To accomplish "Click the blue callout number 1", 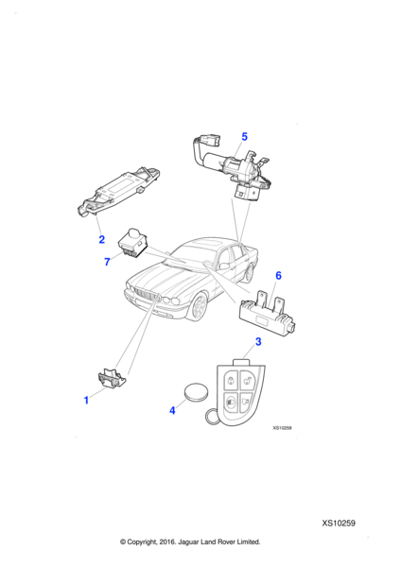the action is tap(86, 401).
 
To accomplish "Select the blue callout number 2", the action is tap(102, 239).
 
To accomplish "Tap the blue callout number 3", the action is tap(258, 342).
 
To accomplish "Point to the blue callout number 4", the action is tap(173, 410).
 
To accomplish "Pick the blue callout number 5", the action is tap(244, 137).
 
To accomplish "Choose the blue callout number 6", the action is tap(278, 276).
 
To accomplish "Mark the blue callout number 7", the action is tap(107, 262).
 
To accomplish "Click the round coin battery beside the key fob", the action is tap(197, 391).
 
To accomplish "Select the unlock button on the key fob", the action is tap(248, 379).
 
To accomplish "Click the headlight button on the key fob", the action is tap(231, 401).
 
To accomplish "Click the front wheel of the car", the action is tap(198, 307).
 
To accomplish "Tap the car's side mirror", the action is tap(223, 266).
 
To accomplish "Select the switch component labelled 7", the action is tap(132, 242).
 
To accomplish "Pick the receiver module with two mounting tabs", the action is tap(267, 313).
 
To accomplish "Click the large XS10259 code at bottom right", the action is tap(339, 524).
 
